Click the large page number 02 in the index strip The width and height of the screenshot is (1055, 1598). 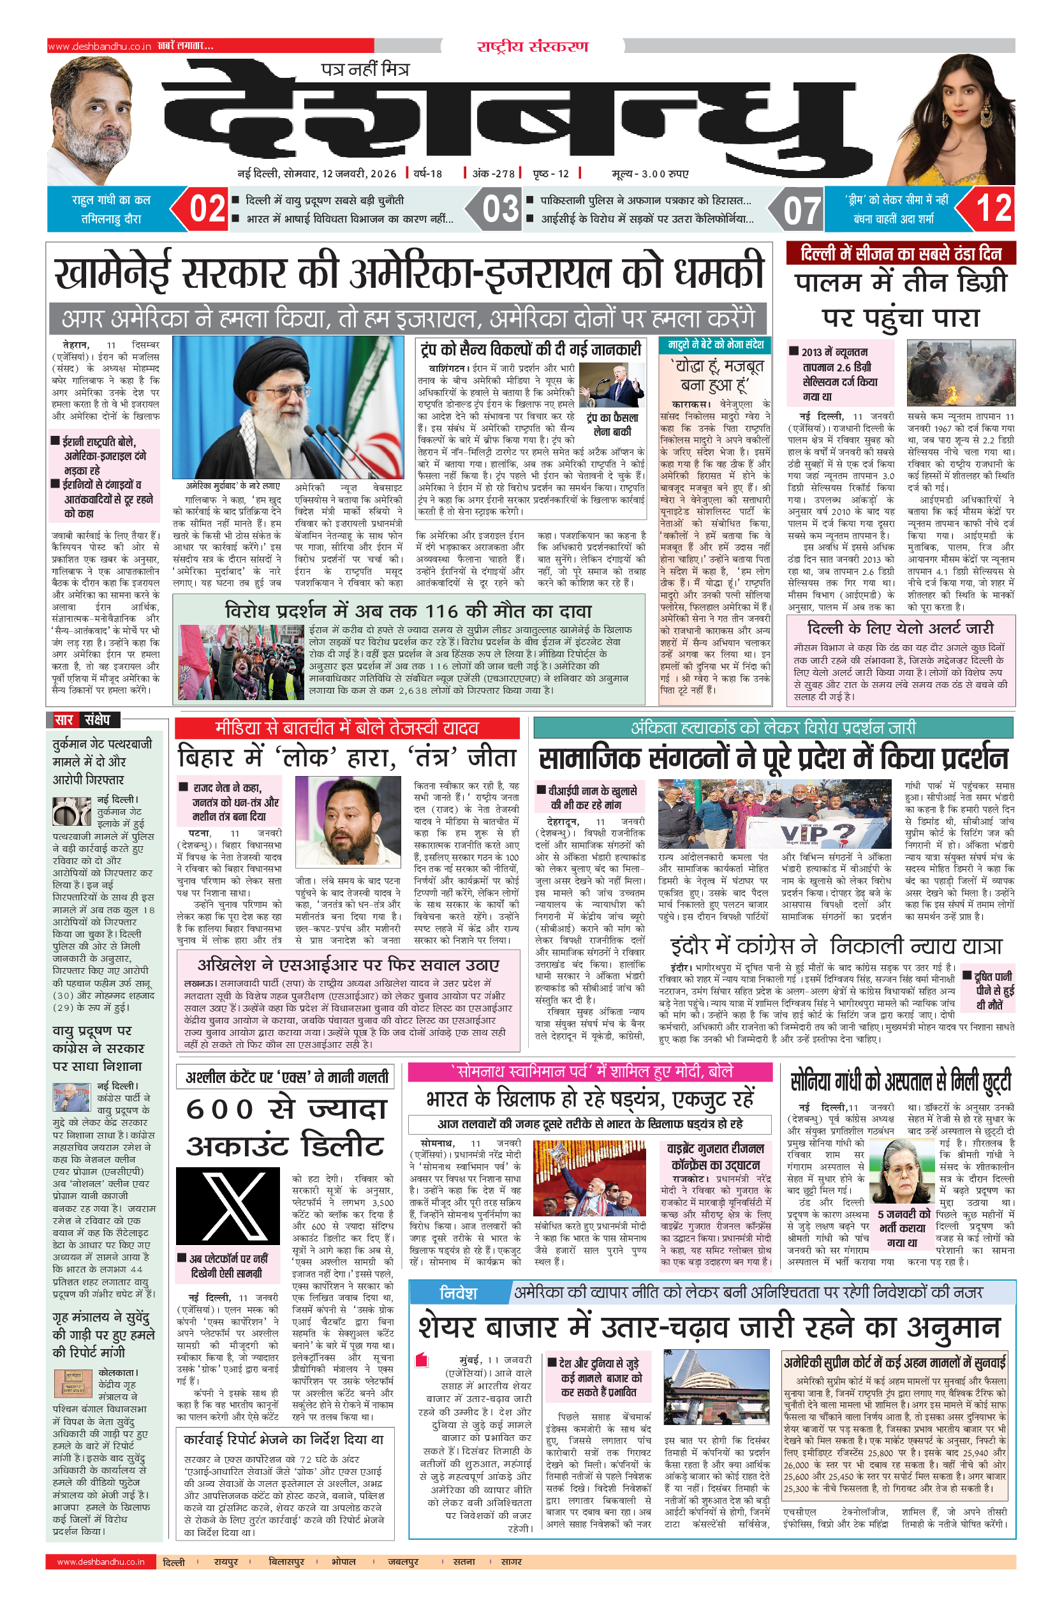click(207, 209)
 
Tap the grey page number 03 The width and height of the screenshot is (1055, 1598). click(501, 209)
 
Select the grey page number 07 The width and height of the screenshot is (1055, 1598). click(802, 210)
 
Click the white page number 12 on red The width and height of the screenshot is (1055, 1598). click(994, 209)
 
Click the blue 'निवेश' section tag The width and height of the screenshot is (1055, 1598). click(457, 1293)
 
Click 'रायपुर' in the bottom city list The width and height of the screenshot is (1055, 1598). click(226, 1562)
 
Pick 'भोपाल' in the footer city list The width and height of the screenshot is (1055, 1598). click(343, 1562)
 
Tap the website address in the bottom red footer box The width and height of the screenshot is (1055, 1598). click(100, 1562)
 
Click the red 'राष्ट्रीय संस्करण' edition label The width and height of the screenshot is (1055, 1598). click(532, 47)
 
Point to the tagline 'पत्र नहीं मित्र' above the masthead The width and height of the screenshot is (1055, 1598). click(365, 69)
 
